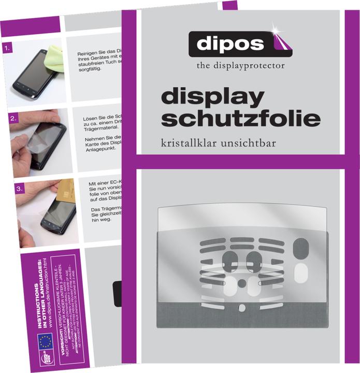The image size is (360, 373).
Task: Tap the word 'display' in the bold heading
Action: (212, 97)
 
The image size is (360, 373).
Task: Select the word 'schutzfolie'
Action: (240, 118)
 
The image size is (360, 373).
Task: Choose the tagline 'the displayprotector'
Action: (240, 66)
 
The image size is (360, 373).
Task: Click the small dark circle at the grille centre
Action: (241, 283)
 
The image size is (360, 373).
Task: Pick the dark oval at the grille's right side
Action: (300, 249)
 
